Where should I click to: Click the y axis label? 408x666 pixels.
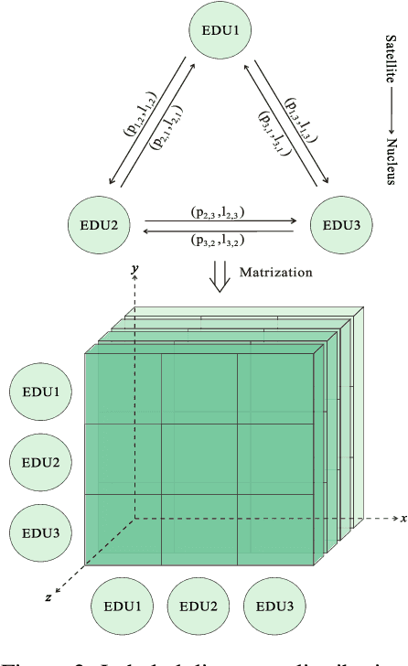click(134, 268)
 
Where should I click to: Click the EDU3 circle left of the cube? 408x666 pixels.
click(42, 531)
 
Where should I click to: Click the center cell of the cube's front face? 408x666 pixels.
click(199, 459)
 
